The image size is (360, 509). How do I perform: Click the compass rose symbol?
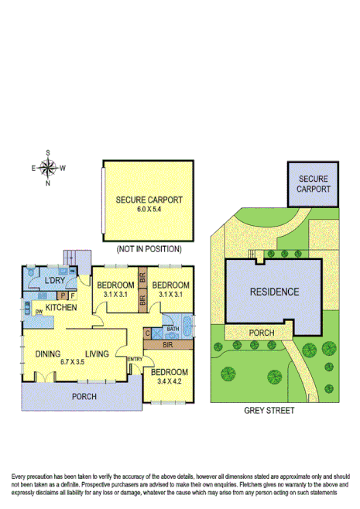48,167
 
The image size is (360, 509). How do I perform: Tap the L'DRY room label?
54,280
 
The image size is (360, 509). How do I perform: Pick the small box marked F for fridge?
73,295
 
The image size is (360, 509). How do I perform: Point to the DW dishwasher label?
38,311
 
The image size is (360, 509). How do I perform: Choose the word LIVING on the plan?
98,354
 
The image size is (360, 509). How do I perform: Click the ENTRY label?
135,359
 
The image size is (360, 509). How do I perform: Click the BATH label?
172,328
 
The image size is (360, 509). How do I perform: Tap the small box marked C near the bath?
147,333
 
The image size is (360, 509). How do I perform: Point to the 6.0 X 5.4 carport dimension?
149,210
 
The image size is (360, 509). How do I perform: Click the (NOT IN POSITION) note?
149,249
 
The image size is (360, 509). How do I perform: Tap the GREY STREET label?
269,411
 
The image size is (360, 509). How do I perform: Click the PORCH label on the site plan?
261,333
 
